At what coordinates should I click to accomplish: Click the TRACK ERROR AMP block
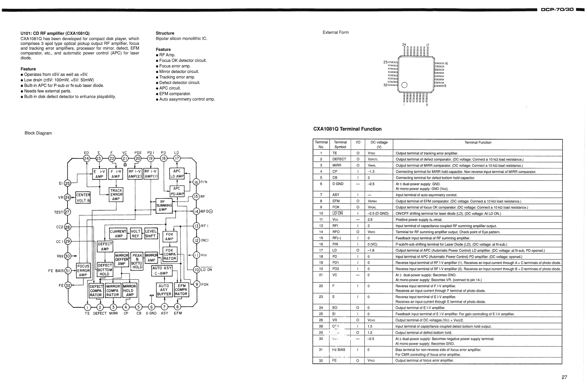click(x=116, y=195)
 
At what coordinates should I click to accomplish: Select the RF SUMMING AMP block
click(x=164, y=206)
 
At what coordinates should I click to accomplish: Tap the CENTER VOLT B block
click(x=83, y=198)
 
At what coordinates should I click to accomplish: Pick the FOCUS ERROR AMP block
click(x=83, y=270)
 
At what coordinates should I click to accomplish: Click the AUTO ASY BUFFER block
click(x=164, y=290)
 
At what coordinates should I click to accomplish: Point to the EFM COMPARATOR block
click(x=181, y=290)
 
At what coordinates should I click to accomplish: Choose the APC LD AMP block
click(x=177, y=174)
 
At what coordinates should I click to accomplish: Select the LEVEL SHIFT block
click(x=151, y=234)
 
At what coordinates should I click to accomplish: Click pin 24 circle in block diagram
click(x=87, y=158)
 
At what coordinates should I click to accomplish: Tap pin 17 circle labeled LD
click(x=177, y=158)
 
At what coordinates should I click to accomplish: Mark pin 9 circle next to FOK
click(x=197, y=284)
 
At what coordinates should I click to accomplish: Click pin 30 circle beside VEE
click(x=68, y=256)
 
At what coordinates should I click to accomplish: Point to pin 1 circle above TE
click(x=88, y=307)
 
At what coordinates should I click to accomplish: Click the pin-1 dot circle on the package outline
click(x=404, y=85)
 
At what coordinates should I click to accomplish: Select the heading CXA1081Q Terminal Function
click(x=347, y=129)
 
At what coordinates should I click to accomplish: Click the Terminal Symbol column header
click(x=340, y=144)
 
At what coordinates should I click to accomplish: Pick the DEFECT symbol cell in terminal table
click(x=339, y=159)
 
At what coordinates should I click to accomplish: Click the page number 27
click(x=564, y=377)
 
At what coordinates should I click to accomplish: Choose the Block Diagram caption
click(x=38, y=133)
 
